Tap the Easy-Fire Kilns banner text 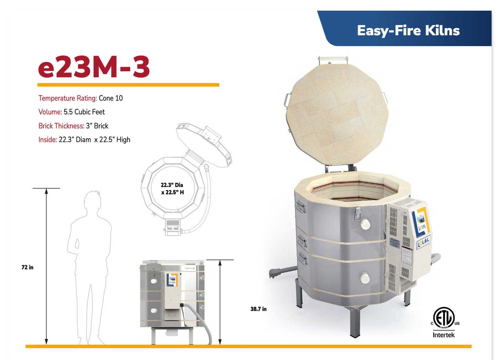408,31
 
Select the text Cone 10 111,98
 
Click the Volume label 50,112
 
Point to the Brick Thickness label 61,126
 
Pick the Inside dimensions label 48,140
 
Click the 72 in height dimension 27,267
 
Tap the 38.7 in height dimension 258,309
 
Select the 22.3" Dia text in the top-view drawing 172,185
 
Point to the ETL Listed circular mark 444,318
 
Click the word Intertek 444,335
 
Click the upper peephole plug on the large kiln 365,225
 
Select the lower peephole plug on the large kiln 365,278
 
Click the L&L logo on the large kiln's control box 424,242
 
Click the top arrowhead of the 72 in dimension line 46,191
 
